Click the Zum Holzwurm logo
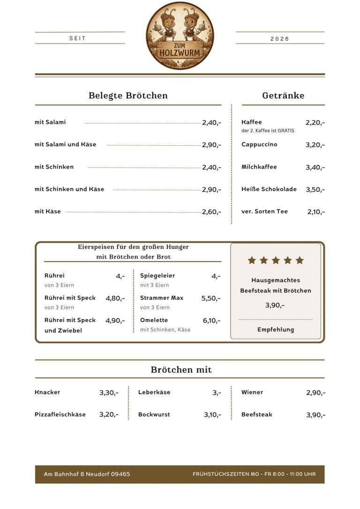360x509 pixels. [180, 36]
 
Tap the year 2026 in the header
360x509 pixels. [280, 39]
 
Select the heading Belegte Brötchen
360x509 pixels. [128, 96]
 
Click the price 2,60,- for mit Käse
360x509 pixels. [211, 212]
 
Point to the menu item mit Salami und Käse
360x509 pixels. [65, 144]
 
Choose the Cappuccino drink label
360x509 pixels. [259, 144]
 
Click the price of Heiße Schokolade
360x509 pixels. [315, 190]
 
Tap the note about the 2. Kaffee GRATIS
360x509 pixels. [268, 131]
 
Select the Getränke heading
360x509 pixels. [283, 96]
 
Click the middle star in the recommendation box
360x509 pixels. [276, 260]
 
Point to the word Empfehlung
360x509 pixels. [276, 329]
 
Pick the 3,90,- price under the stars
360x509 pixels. [275, 305]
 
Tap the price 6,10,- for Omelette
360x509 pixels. [211, 321]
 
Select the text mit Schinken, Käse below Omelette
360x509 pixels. [165, 330]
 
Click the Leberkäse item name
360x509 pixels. [154, 392]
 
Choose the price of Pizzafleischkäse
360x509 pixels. [109, 415]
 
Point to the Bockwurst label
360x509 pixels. [154, 415]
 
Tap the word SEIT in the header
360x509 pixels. [77, 38]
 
